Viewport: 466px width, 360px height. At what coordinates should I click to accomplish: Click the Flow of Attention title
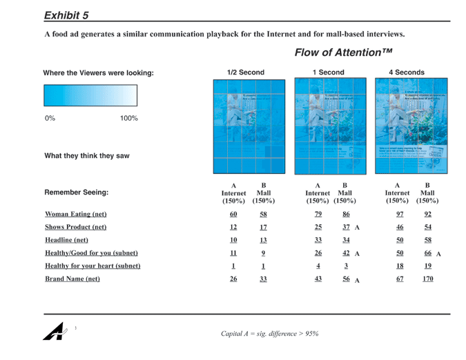click(343, 53)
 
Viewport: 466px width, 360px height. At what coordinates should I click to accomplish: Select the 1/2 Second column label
click(245, 72)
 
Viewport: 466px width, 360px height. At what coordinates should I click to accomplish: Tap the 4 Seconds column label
click(407, 72)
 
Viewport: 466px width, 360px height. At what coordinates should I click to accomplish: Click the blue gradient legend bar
click(90, 95)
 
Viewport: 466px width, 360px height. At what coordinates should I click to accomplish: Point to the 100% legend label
click(129, 119)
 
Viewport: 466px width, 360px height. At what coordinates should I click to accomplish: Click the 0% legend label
click(50, 119)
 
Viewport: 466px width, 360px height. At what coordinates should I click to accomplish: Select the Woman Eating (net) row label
click(75, 214)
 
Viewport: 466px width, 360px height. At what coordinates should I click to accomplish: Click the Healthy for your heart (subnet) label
click(93, 266)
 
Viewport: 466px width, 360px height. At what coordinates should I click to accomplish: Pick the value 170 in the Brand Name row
click(428, 279)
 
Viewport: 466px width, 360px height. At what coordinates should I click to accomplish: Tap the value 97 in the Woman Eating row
click(400, 214)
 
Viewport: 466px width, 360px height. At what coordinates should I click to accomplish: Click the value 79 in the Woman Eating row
click(318, 214)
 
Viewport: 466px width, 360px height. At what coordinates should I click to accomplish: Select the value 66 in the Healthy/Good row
click(428, 253)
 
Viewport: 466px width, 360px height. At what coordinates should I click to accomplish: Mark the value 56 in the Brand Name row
click(346, 279)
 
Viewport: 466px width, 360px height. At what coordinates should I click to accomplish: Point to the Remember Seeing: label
click(76, 192)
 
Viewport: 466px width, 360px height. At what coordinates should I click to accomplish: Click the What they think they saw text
click(87, 156)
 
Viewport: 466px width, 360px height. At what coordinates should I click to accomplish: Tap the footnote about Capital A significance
click(269, 334)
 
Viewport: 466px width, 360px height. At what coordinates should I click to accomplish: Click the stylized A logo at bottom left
click(54, 331)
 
